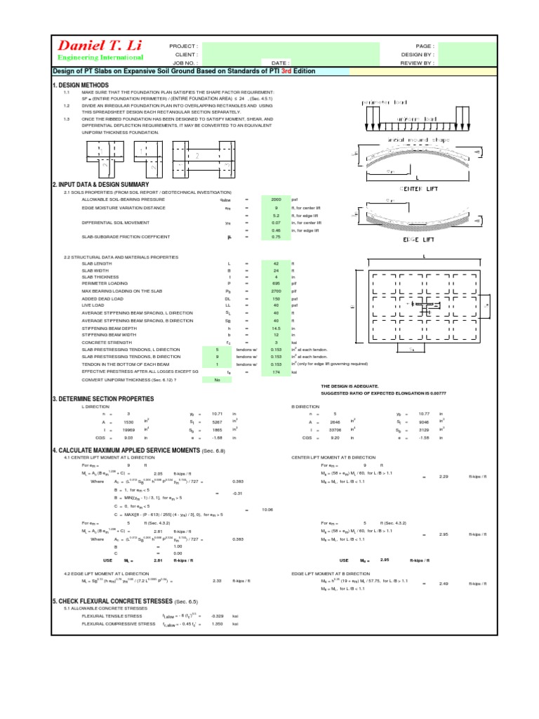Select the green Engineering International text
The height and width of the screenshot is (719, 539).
coord(100,58)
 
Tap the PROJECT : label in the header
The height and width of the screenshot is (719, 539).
coord(185,45)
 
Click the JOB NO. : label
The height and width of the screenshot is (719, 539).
coord(185,62)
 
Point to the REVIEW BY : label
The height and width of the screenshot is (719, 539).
coord(418,62)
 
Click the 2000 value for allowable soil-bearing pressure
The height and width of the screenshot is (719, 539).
coord(276,199)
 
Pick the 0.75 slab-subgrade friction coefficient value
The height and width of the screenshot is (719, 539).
coord(276,237)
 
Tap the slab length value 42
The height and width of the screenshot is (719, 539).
coord(276,263)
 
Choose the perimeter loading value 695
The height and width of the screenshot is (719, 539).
coord(276,283)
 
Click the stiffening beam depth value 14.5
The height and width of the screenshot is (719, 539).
coord(276,329)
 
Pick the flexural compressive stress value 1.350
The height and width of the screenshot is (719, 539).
coord(237,624)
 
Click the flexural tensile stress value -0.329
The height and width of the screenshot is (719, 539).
coord(237,615)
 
